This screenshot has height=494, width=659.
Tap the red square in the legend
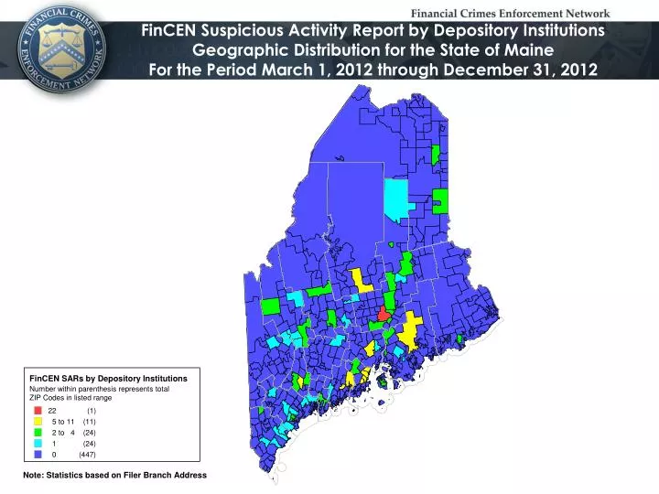[x=38, y=411]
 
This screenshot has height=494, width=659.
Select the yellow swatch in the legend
[x=38, y=421]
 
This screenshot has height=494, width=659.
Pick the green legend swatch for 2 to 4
[x=38, y=432]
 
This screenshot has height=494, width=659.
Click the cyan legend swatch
[x=38, y=443]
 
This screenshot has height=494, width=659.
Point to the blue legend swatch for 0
[x=38, y=454]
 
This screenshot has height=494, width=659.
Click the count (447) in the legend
[x=87, y=454]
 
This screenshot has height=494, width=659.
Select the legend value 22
[x=52, y=411]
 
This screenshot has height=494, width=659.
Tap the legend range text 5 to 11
[x=64, y=421]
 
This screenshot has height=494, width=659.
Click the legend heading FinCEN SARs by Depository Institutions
[x=108, y=378]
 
